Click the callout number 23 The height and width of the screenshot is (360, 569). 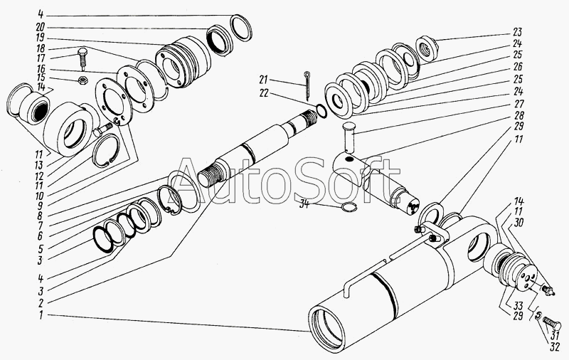(x=516, y=31)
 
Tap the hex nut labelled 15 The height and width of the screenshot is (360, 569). (x=81, y=79)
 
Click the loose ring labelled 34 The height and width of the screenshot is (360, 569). (x=346, y=208)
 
